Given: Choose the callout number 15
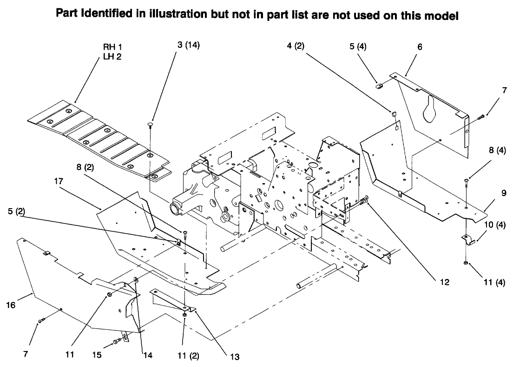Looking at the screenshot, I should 97,355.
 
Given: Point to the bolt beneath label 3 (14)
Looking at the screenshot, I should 151,125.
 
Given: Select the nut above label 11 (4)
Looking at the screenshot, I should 466,264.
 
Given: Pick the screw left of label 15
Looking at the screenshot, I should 117,342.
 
